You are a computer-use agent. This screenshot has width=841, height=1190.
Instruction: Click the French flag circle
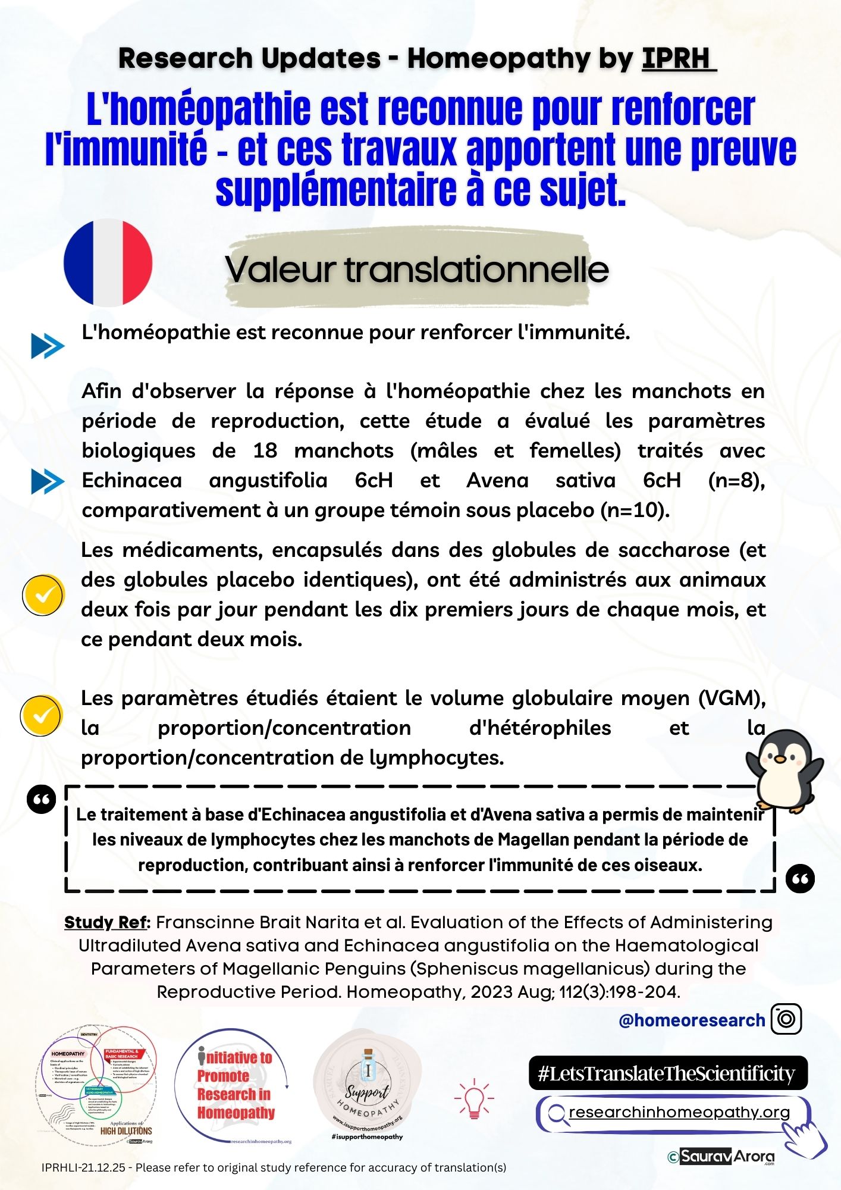(x=108, y=262)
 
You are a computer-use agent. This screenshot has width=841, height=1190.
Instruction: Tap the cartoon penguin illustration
(x=784, y=771)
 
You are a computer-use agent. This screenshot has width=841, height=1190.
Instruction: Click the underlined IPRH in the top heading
(x=679, y=58)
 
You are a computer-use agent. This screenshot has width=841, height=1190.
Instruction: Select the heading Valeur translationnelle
(x=417, y=270)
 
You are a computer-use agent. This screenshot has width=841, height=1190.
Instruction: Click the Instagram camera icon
(x=786, y=1019)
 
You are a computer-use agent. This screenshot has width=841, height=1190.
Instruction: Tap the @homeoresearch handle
(x=691, y=1020)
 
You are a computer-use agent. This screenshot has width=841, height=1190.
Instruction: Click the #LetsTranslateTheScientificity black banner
(x=667, y=1073)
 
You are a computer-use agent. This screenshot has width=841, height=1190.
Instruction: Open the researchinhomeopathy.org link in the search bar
(x=679, y=1112)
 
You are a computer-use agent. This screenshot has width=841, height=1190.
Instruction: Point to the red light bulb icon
(x=474, y=1098)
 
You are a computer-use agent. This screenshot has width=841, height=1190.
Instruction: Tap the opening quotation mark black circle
(x=42, y=800)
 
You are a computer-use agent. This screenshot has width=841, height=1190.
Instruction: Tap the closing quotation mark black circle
(x=800, y=879)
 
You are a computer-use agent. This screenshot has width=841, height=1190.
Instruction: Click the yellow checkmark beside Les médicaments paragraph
(x=43, y=594)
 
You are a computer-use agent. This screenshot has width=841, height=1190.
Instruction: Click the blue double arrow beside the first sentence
(x=48, y=346)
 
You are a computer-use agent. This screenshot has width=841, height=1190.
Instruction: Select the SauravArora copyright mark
(x=721, y=1156)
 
